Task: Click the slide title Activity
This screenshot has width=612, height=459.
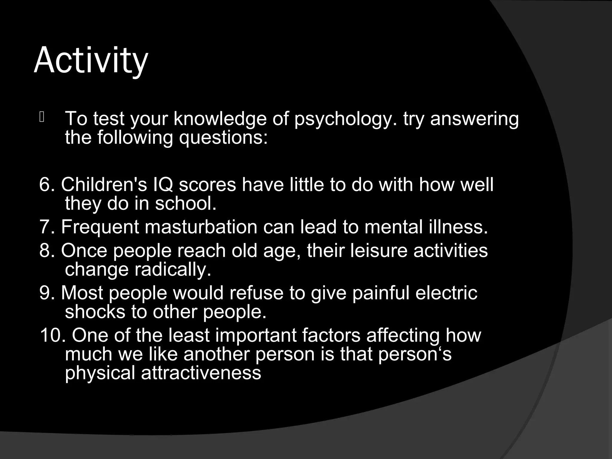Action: pos(91,61)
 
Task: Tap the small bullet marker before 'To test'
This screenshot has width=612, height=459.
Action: pos(42,117)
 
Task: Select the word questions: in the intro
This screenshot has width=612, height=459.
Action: pos(223,138)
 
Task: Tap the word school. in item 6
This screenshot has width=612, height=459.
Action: pos(185,204)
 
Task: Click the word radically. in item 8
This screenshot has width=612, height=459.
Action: pos(173,270)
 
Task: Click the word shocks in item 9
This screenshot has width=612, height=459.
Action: pos(95,312)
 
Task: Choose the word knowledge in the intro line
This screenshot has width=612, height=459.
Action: pos(220,119)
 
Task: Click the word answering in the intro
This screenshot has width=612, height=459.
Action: pos(474,119)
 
